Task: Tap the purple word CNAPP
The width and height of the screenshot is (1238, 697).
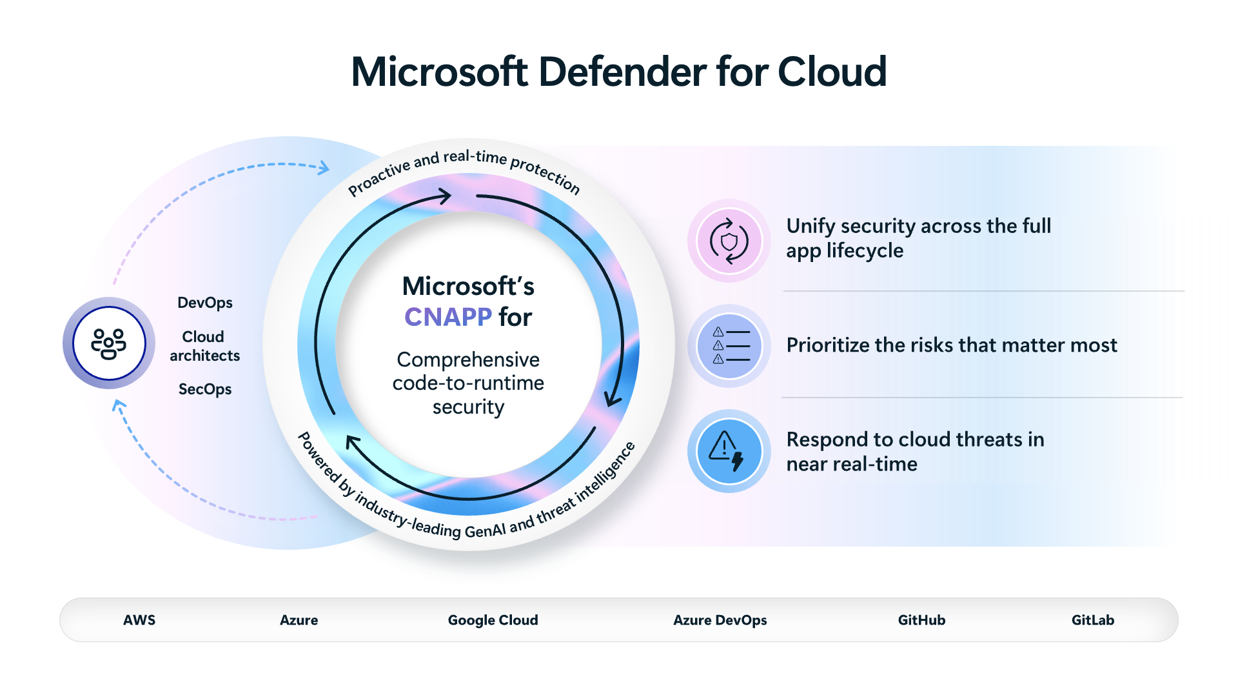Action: tap(447, 317)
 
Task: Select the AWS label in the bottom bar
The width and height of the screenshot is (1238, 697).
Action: tap(139, 620)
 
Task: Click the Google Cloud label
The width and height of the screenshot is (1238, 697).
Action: tap(493, 620)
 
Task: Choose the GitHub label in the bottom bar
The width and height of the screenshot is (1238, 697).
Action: tap(921, 620)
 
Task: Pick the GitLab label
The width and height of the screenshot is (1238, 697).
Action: tap(1092, 620)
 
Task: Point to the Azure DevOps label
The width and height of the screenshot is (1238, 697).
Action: tap(720, 620)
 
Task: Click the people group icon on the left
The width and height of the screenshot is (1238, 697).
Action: tap(109, 343)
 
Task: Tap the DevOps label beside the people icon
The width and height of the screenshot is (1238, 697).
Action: tap(204, 303)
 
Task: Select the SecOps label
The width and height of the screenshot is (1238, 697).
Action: tap(204, 389)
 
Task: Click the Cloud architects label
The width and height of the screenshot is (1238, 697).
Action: tap(204, 346)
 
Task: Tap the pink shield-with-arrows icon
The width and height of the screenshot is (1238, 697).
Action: tap(729, 241)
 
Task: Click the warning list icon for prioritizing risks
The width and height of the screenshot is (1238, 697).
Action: tap(730, 346)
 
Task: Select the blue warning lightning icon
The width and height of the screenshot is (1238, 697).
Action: tap(729, 451)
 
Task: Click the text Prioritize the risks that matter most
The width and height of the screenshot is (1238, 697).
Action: tap(951, 345)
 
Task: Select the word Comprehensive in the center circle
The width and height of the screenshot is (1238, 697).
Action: tap(468, 359)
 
